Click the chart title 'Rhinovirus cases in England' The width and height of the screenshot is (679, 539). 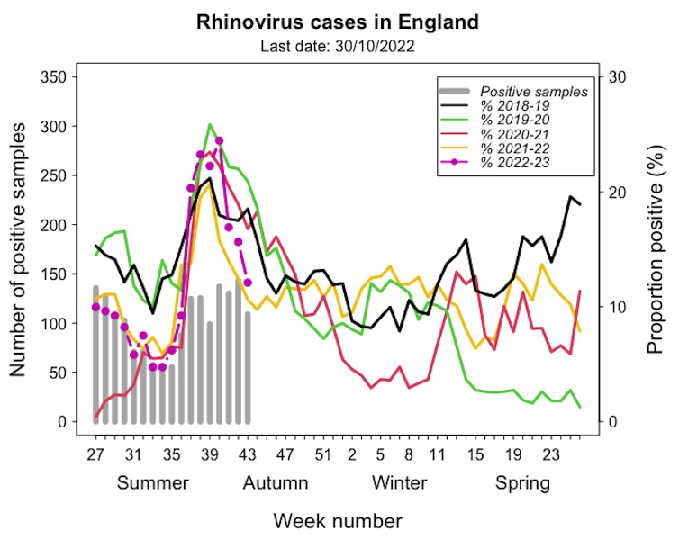(338, 21)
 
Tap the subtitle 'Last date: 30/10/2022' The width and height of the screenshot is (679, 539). (338, 45)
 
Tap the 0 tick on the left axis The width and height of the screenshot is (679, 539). (62, 422)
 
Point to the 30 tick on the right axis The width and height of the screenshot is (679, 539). (619, 77)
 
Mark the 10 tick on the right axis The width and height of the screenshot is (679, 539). (619, 307)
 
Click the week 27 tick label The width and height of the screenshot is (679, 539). (95, 454)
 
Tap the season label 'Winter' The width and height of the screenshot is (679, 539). (400, 484)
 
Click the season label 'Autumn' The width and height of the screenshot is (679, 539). (276, 484)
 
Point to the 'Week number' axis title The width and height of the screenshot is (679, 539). (338, 520)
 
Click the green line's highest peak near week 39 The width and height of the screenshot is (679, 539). (210, 125)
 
